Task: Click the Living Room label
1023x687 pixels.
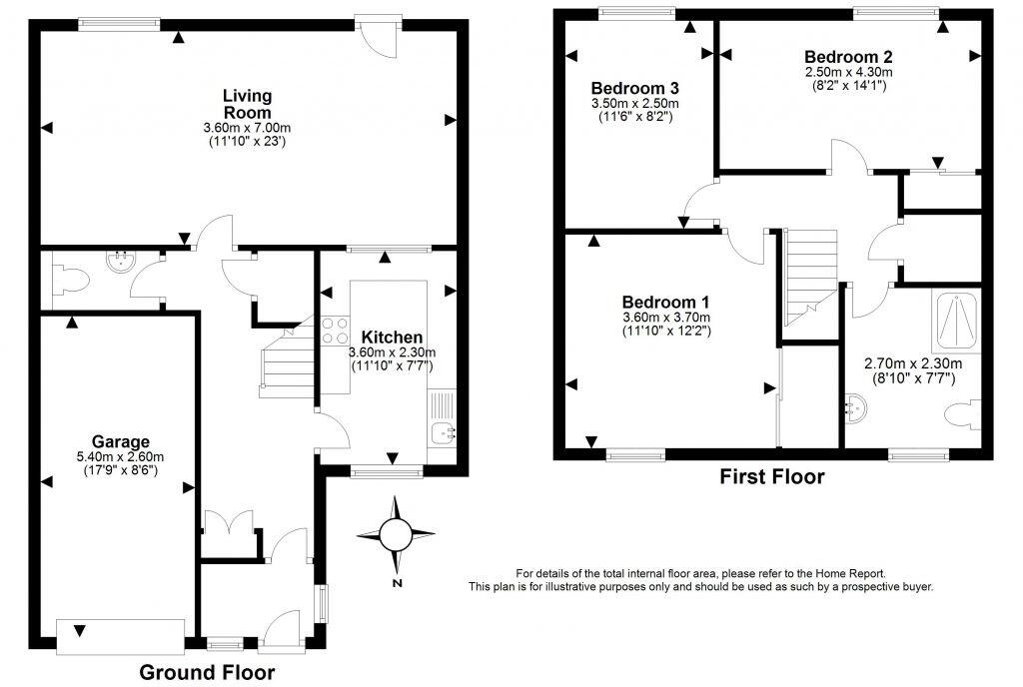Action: coord(247,104)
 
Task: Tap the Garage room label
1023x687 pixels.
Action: coord(121,441)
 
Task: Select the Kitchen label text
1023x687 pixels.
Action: coord(392,338)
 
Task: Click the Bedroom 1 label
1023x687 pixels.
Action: coord(665,303)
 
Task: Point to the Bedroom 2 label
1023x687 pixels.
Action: coord(848,57)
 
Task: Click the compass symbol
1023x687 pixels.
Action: coord(397,535)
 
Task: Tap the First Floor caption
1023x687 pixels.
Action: coord(772,477)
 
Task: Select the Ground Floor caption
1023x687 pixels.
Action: coord(207,672)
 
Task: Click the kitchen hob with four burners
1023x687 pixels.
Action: coord(335,331)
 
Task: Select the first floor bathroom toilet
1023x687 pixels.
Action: coord(965,414)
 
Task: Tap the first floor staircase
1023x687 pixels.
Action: coord(808,274)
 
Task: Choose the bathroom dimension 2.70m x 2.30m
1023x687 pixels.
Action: coord(912,364)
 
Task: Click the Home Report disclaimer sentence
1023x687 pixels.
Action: coord(700,573)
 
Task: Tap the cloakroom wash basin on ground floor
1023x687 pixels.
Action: coord(123,264)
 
